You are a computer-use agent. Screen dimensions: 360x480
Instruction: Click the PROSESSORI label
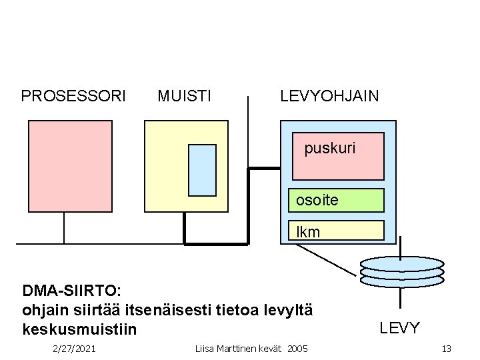pos(73,96)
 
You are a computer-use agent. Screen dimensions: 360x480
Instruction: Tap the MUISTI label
pos(185,96)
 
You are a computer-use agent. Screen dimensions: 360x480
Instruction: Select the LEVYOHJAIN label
pos(329,96)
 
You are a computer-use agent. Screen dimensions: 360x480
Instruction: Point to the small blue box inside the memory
pos(202,170)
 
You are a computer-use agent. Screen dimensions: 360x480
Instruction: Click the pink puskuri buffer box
pos(339,157)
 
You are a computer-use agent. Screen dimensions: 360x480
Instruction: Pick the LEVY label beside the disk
pos(400,327)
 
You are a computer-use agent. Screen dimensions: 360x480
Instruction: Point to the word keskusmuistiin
pos(79,329)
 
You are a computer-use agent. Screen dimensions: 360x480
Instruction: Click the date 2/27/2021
pos(74,349)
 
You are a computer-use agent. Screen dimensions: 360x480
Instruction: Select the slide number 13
pos(446,349)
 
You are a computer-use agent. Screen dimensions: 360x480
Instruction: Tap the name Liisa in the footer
pos(205,349)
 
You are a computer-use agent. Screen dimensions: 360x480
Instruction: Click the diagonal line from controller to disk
pos(327,259)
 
